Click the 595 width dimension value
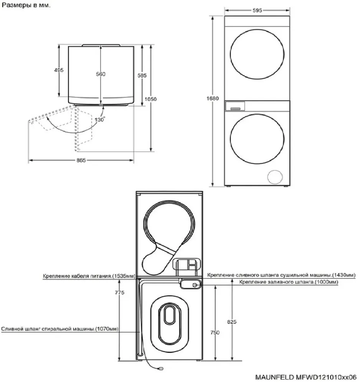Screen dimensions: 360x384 [257, 10]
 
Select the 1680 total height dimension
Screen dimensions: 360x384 [212, 98]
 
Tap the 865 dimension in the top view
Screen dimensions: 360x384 [81, 161]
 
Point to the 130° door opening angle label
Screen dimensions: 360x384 [100, 120]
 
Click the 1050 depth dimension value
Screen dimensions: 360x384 [150, 99]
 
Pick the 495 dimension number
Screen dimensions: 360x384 [59, 70]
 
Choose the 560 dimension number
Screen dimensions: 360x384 [101, 74]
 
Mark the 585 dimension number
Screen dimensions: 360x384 [142, 75]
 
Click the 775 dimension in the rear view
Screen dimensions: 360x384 [120, 292]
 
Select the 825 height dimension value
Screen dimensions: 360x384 [232, 322]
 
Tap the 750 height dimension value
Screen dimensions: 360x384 [215, 332]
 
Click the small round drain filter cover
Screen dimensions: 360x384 [275, 177]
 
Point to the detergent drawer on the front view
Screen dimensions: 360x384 [235, 106]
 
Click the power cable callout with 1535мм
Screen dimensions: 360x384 [89, 276]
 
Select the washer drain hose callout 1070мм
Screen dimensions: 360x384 [60, 329]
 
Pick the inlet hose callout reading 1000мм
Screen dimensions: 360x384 [289, 282]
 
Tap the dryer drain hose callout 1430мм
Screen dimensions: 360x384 [281, 275]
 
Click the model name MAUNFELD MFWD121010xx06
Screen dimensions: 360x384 [306, 377]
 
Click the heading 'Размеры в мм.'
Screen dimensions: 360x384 [26, 5]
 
